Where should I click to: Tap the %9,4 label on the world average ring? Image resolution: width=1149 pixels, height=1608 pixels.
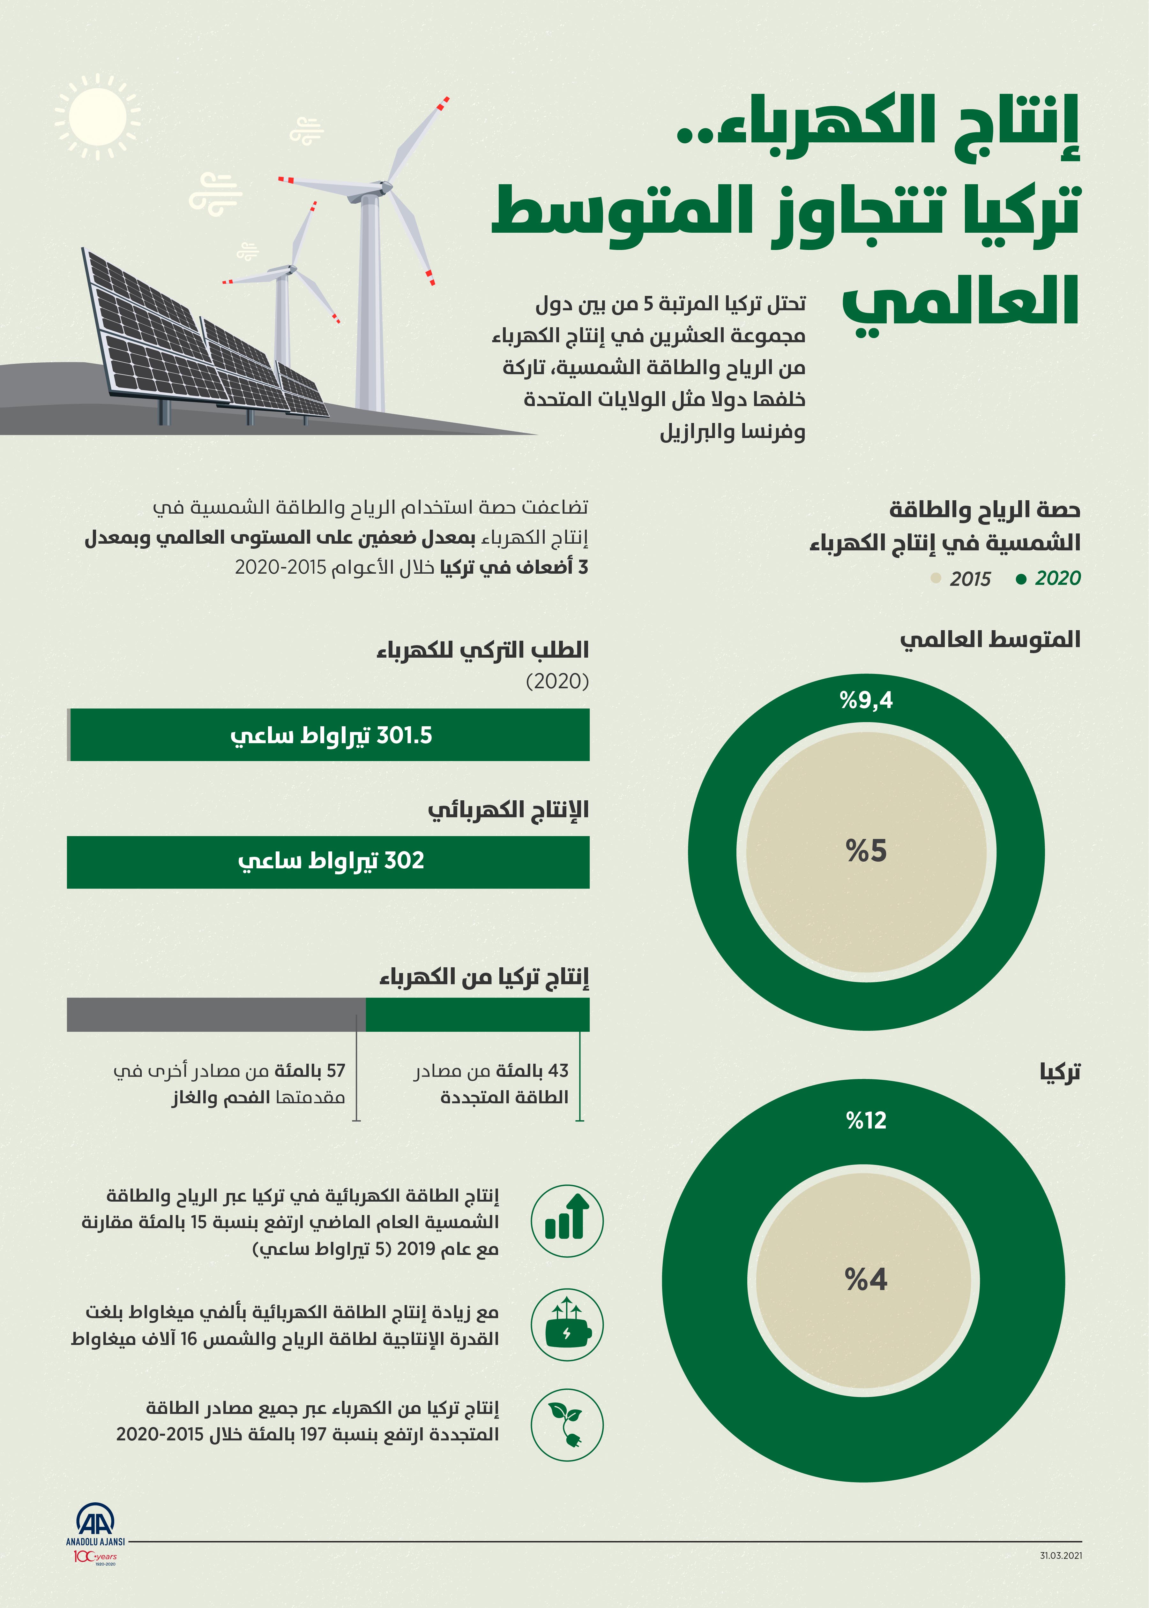point(866,701)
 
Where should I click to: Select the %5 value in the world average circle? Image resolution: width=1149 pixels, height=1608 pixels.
point(866,851)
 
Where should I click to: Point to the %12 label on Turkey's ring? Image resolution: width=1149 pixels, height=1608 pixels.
point(866,1120)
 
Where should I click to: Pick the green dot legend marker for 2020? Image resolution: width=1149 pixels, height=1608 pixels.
point(1020,579)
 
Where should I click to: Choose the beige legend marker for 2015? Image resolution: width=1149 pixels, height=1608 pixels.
point(935,579)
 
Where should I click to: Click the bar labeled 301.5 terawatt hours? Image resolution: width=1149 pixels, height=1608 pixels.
point(329,735)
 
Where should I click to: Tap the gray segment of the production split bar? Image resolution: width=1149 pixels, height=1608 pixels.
point(216,1014)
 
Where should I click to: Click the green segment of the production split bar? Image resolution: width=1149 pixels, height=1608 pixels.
point(478,1014)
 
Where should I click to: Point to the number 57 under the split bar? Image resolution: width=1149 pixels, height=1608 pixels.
point(335,1071)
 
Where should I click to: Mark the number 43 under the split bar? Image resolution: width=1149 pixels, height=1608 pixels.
point(558,1071)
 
